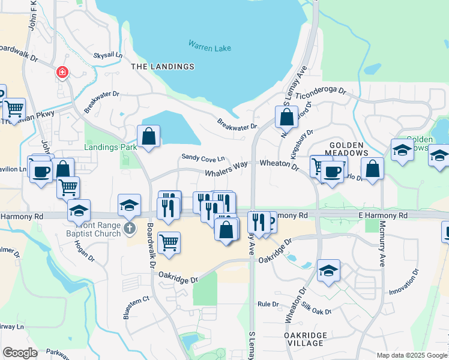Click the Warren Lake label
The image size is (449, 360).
(x=210, y=45)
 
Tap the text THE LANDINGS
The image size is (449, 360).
(x=163, y=67)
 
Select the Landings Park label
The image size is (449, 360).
(x=110, y=146)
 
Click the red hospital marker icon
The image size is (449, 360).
(x=62, y=73)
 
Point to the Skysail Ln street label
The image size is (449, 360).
(x=107, y=55)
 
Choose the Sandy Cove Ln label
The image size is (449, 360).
(x=203, y=158)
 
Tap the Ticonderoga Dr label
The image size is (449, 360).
(x=321, y=93)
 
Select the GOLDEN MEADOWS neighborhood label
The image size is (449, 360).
(x=346, y=149)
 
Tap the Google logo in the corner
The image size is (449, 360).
(x=20, y=353)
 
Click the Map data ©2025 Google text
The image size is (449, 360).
(x=411, y=355)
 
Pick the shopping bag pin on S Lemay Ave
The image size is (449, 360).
(x=287, y=117)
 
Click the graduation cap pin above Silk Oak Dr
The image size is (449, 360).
(x=328, y=271)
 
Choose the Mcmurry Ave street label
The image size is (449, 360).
(x=382, y=250)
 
